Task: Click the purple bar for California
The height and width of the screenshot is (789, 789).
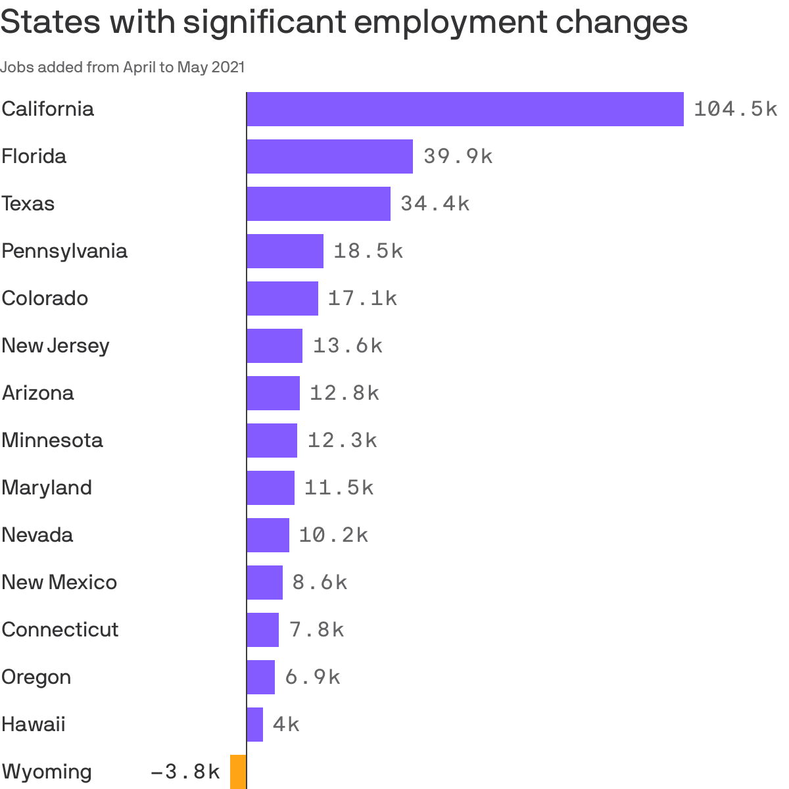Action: click(465, 109)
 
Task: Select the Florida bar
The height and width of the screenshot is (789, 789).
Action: click(329, 156)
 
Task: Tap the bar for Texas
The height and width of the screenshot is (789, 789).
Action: click(318, 204)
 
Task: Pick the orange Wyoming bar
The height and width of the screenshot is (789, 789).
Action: click(238, 772)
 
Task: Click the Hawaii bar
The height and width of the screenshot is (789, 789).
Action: click(254, 725)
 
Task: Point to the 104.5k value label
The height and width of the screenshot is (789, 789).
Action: click(735, 109)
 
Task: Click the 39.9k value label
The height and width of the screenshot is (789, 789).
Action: click(458, 156)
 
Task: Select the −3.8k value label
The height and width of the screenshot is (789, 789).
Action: click(185, 772)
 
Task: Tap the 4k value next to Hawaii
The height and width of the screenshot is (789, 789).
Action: click(286, 725)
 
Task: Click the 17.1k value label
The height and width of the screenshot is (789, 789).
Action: click(362, 299)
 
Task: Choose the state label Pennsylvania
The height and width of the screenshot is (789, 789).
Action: click(64, 251)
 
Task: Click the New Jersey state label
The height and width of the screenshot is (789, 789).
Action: click(55, 346)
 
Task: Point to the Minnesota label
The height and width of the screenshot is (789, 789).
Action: click(52, 440)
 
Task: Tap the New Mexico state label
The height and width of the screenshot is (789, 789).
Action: click(59, 583)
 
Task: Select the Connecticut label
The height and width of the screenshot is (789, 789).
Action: click(60, 630)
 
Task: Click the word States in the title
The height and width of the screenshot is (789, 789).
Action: click(49, 22)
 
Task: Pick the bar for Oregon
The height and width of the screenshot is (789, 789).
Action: click(260, 677)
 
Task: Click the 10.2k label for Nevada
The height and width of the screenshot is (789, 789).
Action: click(333, 535)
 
